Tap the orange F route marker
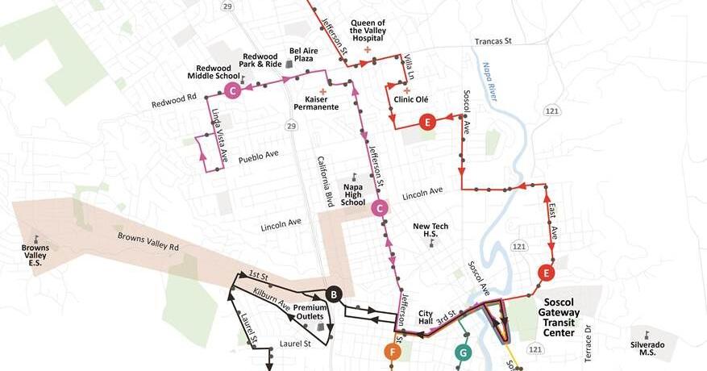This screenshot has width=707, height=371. [392, 352]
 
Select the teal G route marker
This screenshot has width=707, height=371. [463, 352]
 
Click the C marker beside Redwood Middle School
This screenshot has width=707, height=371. [232, 91]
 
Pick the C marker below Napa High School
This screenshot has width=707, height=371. [380, 209]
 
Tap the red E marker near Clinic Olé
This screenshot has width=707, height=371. [427, 123]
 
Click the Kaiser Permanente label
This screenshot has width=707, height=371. [316, 102]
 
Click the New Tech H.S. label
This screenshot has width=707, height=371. [430, 231]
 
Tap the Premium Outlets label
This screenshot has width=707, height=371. [310, 313]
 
